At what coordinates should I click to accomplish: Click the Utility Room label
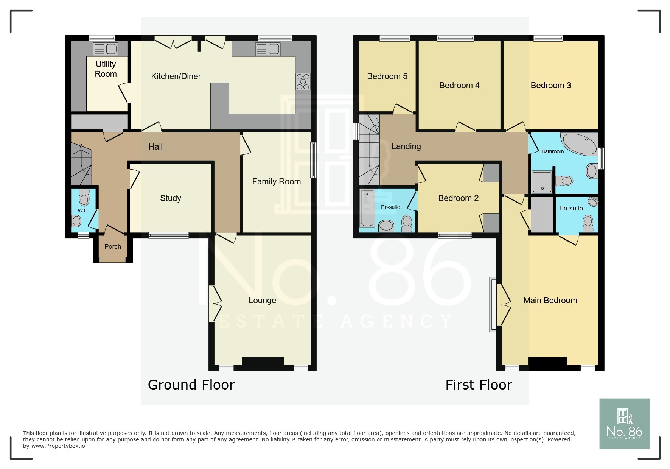106,69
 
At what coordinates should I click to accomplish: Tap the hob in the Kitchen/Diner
303,82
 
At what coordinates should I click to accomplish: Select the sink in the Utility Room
106,49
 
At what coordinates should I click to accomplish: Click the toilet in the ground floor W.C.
84,198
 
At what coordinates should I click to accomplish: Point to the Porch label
112,246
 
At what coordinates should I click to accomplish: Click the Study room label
170,198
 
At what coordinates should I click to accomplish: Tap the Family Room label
276,181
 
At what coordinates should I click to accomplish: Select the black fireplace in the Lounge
263,362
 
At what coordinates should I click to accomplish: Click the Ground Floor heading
191,385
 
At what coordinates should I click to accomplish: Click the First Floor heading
479,385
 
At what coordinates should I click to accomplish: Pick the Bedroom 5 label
387,76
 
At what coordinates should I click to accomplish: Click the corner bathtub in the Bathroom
579,143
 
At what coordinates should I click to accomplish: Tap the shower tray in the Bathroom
542,182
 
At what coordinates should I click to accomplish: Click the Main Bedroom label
550,300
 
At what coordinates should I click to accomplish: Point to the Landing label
406,146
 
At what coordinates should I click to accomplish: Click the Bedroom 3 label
550,85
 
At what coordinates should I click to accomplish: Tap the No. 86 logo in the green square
624,424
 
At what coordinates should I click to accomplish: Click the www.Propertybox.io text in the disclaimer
58,446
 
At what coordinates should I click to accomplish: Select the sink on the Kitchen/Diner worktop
268,49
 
